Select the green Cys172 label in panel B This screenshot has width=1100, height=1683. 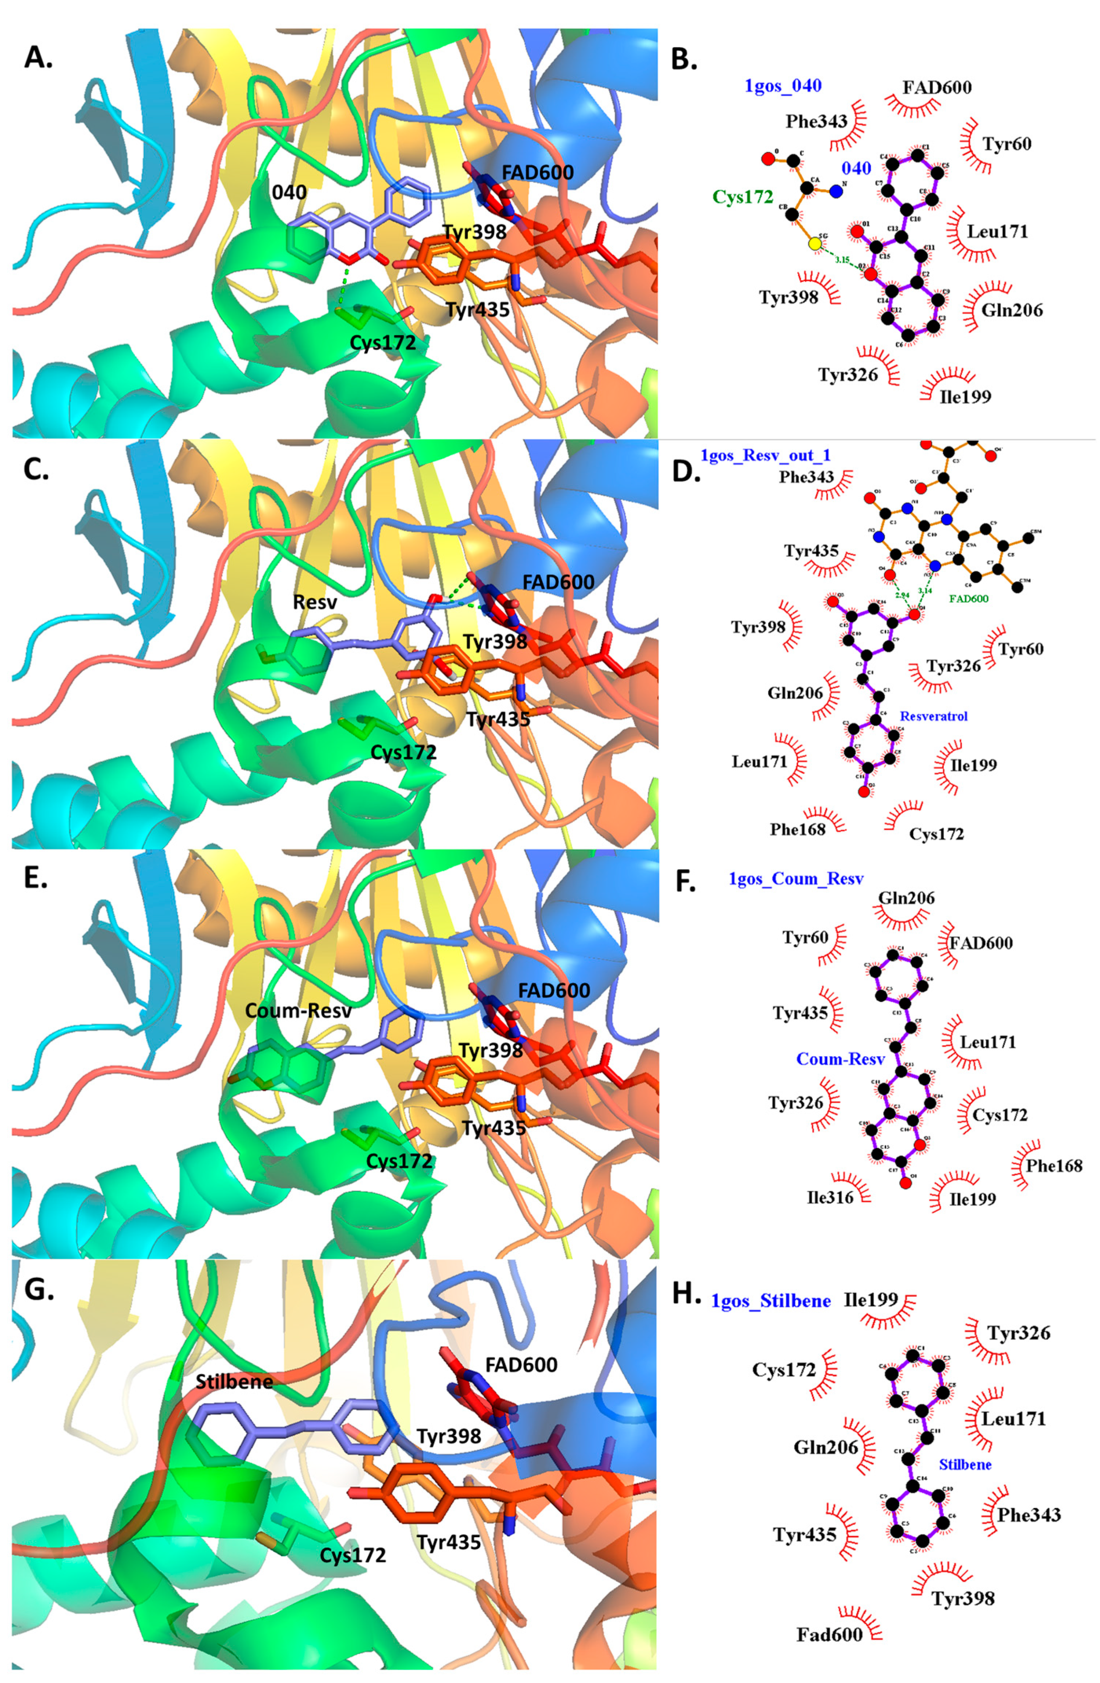[x=742, y=197]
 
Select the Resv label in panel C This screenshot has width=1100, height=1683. [x=315, y=602]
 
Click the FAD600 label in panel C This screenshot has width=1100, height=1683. [x=558, y=582]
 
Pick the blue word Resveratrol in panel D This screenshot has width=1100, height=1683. [x=933, y=716]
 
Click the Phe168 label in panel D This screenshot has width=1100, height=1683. [x=798, y=829]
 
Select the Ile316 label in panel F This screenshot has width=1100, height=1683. [x=830, y=1197]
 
